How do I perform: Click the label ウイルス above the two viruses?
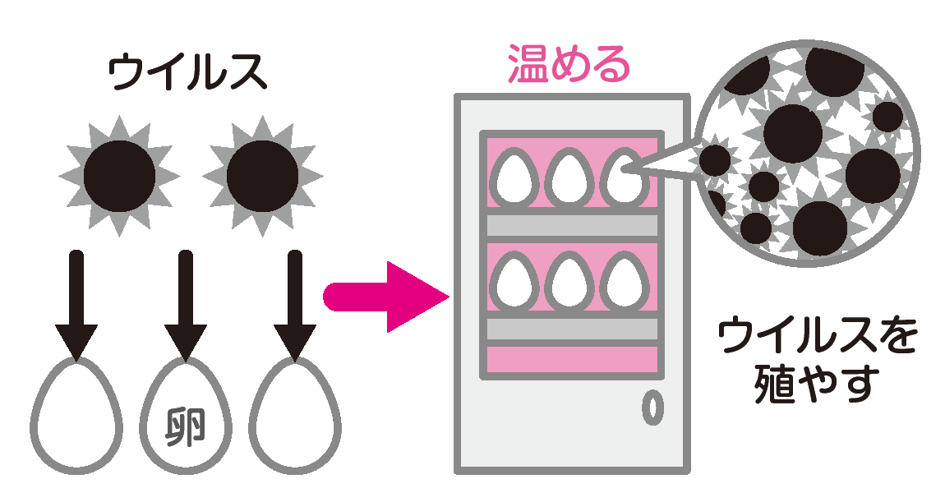[188, 72]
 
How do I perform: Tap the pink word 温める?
[569, 64]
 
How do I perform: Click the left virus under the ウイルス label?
[120, 174]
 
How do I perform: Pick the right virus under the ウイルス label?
[263, 174]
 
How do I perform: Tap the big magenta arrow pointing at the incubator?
[386, 297]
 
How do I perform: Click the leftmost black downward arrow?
[76, 304]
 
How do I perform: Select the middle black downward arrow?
[186, 304]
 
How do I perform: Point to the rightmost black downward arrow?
[295, 304]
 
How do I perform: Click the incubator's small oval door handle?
[652, 408]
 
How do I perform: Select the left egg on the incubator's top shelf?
[514, 177]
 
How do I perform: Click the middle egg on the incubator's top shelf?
[569, 177]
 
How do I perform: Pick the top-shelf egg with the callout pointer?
[624, 176]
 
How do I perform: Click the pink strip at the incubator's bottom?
[573, 359]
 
